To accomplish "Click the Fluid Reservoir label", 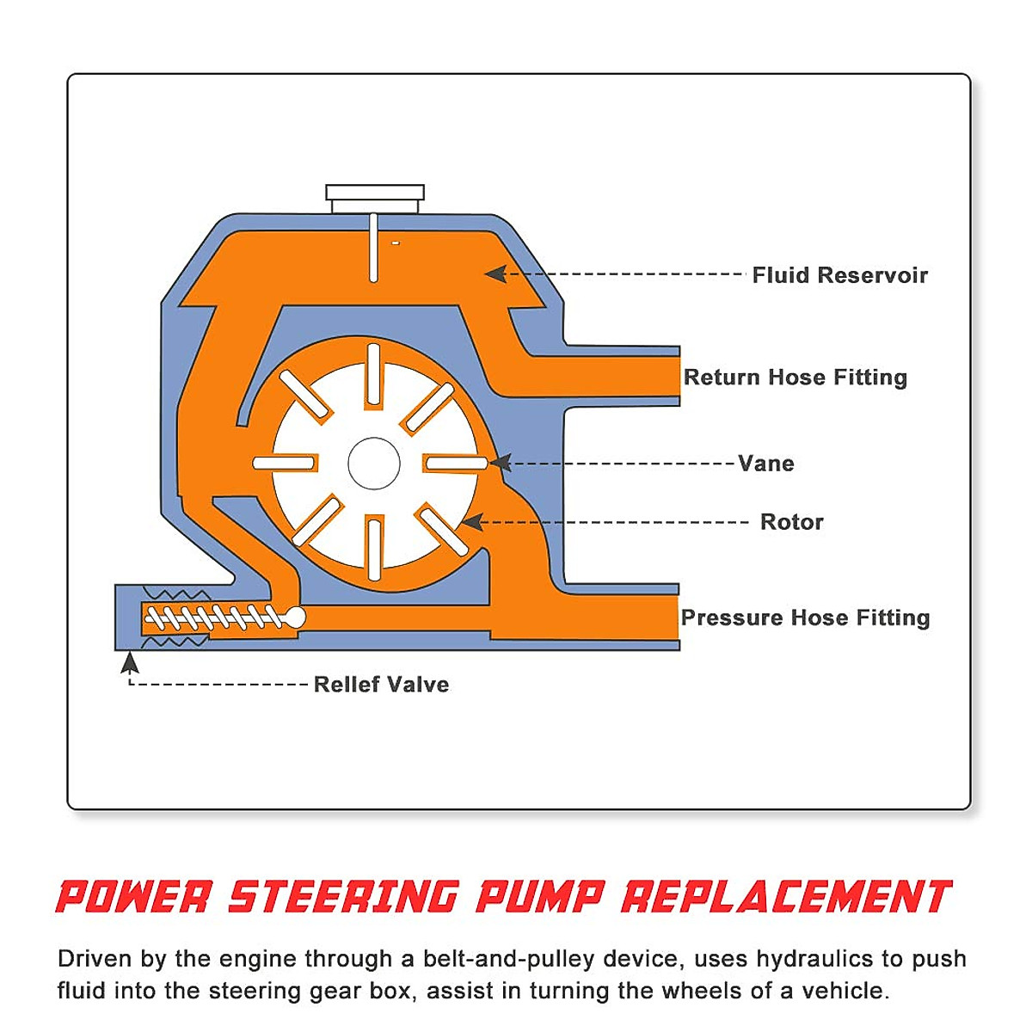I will click(839, 275).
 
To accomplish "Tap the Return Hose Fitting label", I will click(795, 377).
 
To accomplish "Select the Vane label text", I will click(765, 464).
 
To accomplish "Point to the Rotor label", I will click(791, 522).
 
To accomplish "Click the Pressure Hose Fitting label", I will click(805, 617).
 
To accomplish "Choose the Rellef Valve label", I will click(381, 685).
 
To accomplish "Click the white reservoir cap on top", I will click(375, 197).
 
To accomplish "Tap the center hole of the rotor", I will click(374, 464).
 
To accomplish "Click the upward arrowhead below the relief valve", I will click(130, 662).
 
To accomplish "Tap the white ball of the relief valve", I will click(293, 617).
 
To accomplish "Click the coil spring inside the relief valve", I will click(212, 617).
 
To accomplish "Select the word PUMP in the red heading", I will click(539, 896).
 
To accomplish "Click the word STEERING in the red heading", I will click(343, 896).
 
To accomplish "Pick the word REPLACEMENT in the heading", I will click(786, 896).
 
